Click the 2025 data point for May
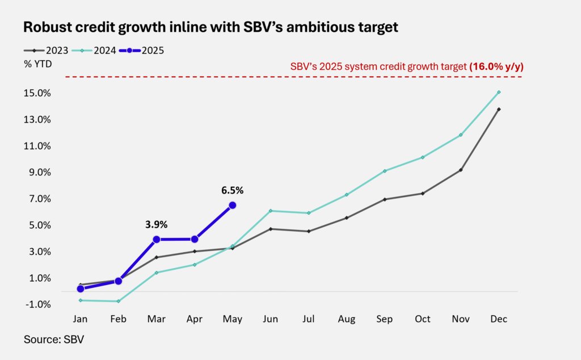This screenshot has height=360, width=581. point(232,205)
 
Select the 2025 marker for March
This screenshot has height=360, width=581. point(156,239)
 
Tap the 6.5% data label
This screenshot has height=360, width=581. point(232,190)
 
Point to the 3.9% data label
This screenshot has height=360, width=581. point(156,224)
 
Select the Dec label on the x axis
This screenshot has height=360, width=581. point(499,319)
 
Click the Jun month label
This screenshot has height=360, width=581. point(271,319)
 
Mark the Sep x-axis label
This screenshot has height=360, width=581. point(385,319)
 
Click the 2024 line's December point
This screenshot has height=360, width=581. point(499,92)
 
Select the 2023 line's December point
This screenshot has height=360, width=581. point(499,109)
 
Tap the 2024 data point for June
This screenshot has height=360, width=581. point(271,211)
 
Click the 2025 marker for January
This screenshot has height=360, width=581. point(81,288)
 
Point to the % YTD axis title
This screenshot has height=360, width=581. point(38,64)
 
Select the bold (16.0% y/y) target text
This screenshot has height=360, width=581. point(496,66)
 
